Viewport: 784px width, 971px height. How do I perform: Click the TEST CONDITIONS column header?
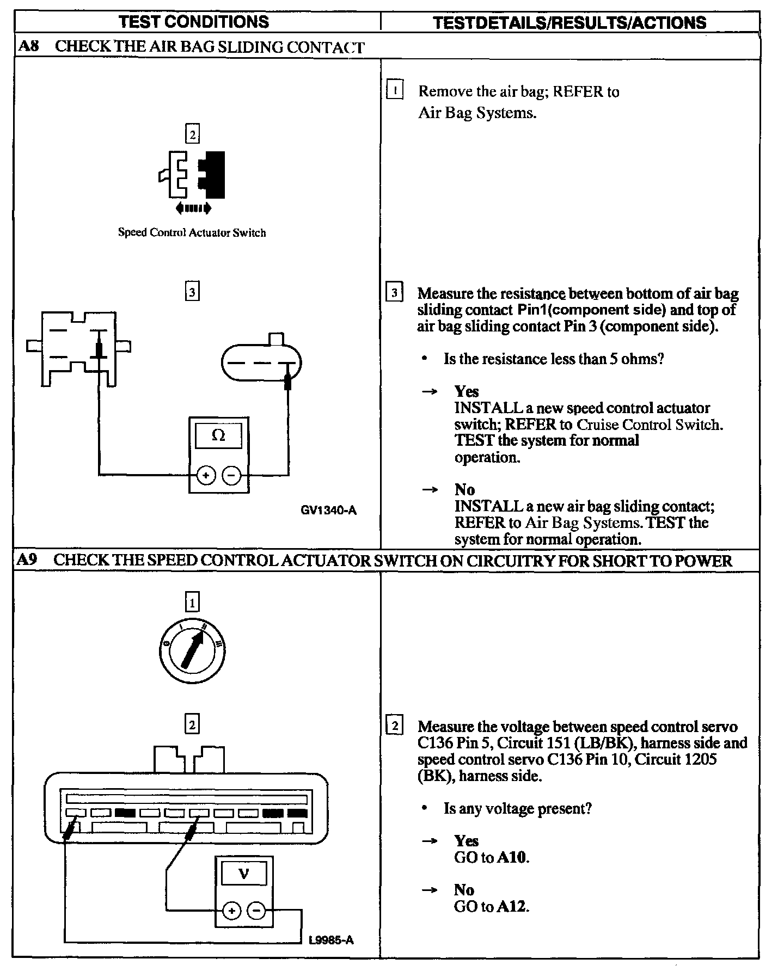pyautogui.click(x=193, y=22)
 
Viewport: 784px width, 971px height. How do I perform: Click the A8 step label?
pyautogui.click(x=28, y=46)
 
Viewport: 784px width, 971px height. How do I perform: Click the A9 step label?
pyautogui.click(x=27, y=560)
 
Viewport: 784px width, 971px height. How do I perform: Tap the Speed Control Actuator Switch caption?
pyautogui.click(x=192, y=233)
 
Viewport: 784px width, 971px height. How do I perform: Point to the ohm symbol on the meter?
pyautogui.click(x=218, y=435)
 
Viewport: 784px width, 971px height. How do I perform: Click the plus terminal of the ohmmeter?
pyautogui.click(x=206, y=476)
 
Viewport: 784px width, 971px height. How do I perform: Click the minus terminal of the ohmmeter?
pyautogui.click(x=232, y=476)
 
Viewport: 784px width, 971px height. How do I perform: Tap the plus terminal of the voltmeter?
pyautogui.click(x=232, y=911)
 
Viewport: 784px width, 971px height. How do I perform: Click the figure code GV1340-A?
pyautogui.click(x=328, y=511)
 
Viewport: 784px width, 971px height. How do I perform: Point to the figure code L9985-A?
pyautogui.click(x=331, y=940)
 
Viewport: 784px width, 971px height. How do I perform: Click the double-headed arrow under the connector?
pyautogui.click(x=193, y=208)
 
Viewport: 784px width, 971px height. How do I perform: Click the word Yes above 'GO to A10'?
pyautogui.click(x=467, y=841)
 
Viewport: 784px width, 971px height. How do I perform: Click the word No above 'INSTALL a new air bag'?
pyautogui.click(x=464, y=489)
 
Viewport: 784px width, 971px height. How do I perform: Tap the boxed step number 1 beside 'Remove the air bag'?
pyautogui.click(x=395, y=90)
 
